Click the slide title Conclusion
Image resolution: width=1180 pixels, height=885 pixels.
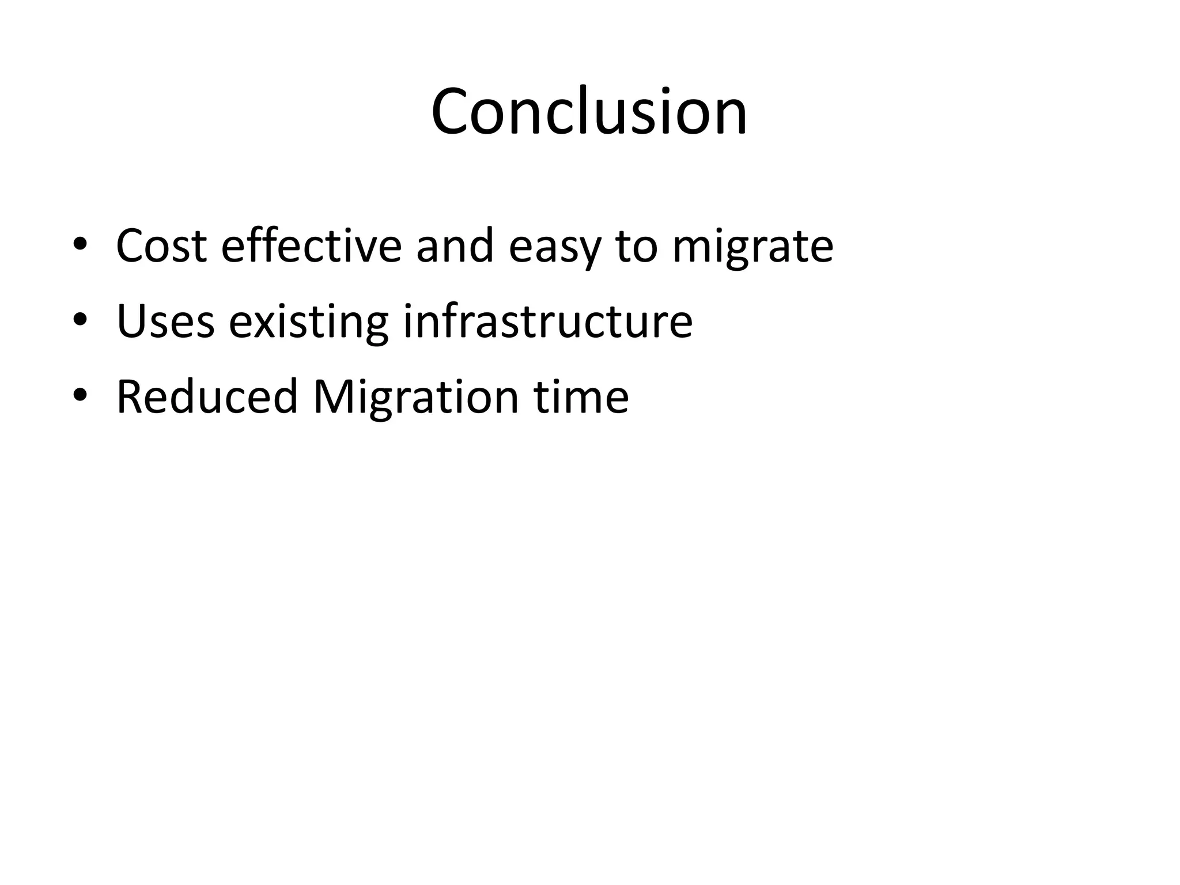click(x=589, y=112)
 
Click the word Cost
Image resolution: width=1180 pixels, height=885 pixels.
click(x=161, y=246)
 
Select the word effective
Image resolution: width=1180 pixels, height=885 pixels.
click(x=311, y=246)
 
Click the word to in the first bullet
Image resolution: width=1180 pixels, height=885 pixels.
click(x=636, y=247)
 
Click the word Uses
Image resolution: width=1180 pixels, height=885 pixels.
click(x=165, y=322)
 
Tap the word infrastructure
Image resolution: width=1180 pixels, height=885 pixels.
click(x=547, y=321)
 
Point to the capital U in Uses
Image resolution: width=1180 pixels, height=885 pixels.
click(x=131, y=322)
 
